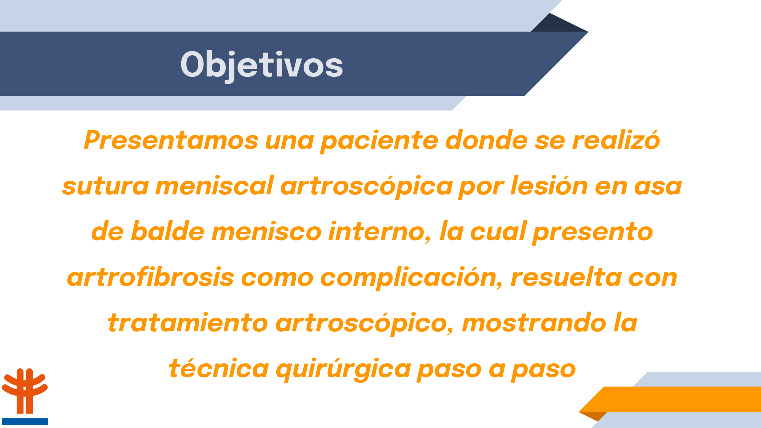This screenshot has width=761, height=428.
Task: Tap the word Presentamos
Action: point(171,140)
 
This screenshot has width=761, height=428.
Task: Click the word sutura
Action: point(105,186)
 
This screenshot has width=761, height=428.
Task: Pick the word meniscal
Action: point(215,186)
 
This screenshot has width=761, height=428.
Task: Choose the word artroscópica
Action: point(366,186)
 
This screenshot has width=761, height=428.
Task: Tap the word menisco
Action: point(266,232)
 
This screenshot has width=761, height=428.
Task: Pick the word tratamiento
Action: point(188,323)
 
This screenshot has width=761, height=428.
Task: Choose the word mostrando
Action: point(534,323)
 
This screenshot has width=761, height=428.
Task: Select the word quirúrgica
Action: point(343,369)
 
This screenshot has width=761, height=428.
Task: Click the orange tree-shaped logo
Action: point(25,391)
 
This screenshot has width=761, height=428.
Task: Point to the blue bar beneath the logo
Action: point(25,422)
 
